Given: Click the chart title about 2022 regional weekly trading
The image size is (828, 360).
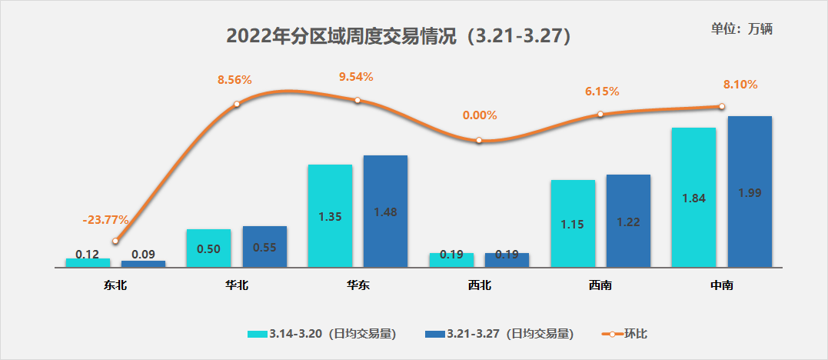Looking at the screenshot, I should (398, 36).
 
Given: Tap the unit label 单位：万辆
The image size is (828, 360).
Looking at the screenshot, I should (741, 28).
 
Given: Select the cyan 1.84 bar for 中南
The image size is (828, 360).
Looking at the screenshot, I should (693, 198).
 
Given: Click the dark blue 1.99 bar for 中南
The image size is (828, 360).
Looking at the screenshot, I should (750, 192).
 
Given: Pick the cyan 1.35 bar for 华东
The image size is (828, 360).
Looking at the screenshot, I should (330, 216).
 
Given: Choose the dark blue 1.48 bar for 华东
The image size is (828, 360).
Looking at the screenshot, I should (385, 212).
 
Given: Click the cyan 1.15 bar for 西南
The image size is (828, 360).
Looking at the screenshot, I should (573, 224).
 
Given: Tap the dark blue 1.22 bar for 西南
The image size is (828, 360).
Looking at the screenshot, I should (628, 222).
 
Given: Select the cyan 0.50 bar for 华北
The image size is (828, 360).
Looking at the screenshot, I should (208, 248).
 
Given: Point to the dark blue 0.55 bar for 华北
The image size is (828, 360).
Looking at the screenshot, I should (264, 247).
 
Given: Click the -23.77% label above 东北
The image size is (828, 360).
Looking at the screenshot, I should (105, 220).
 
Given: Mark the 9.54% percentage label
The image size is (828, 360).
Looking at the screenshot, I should (356, 77).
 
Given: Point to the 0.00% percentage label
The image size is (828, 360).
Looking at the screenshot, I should (480, 116).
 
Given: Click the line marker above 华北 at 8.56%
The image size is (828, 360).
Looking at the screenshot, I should (237, 104).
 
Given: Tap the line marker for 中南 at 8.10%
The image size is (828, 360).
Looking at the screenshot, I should (722, 107).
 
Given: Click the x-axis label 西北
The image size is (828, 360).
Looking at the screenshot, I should (479, 285).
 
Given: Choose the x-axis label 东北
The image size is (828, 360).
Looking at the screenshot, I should (115, 285).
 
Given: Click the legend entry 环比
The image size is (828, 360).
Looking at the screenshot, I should (624, 334).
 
